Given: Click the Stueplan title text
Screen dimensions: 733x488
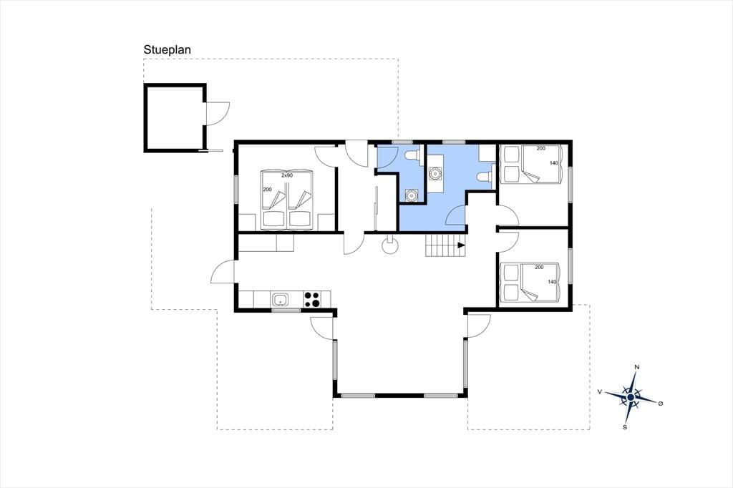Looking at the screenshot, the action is (x=167, y=50).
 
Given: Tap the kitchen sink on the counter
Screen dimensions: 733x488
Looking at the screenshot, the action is (x=280, y=299).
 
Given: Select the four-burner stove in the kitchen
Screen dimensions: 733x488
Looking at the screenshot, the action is (x=312, y=299).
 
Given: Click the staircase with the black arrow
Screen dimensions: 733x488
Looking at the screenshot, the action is (x=446, y=245).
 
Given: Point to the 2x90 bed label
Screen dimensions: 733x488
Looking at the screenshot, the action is (x=286, y=175).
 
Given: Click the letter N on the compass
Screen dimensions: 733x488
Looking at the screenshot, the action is (x=636, y=367).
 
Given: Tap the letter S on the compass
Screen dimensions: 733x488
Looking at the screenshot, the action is (x=624, y=426).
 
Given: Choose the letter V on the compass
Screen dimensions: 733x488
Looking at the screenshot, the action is (x=599, y=391).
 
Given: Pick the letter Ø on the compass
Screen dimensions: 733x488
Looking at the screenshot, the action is (x=661, y=404).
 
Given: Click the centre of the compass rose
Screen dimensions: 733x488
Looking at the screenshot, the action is (x=631, y=397).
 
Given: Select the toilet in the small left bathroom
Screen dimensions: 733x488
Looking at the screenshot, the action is (x=412, y=155).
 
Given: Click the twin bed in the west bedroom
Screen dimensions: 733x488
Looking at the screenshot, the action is (x=286, y=200).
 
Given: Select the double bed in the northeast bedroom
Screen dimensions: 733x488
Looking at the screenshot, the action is (x=530, y=165).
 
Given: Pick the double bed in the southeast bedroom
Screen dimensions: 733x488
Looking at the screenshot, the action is (x=530, y=283).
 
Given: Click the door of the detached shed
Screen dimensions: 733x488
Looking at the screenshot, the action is (x=216, y=114).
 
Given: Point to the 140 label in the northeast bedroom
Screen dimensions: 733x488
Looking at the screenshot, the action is (x=554, y=163).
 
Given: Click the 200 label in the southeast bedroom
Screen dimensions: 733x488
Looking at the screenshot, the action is (x=539, y=268).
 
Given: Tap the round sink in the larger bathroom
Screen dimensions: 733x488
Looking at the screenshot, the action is (x=435, y=173).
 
